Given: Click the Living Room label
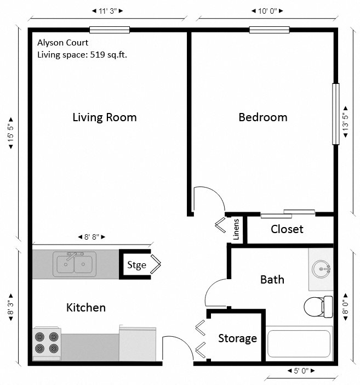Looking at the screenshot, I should tap(105, 117).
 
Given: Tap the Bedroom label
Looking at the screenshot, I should tap(263, 117).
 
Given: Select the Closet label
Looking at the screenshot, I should tap(287, 229).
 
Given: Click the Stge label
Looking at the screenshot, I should tap(136, 265).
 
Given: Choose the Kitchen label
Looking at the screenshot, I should tap(86, 307).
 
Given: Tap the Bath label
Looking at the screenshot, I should tap(272, 279).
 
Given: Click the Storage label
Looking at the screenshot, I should tap(237, 338).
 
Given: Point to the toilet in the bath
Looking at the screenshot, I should tap(317, 306).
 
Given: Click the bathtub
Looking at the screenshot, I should tap(299, 343).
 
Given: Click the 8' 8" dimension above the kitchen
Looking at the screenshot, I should tap(92, 237).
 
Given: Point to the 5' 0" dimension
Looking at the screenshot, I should tap(299, 371).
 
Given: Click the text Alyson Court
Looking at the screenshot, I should tap(62, 42).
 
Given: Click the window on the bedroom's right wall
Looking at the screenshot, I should tap(336, 114).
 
